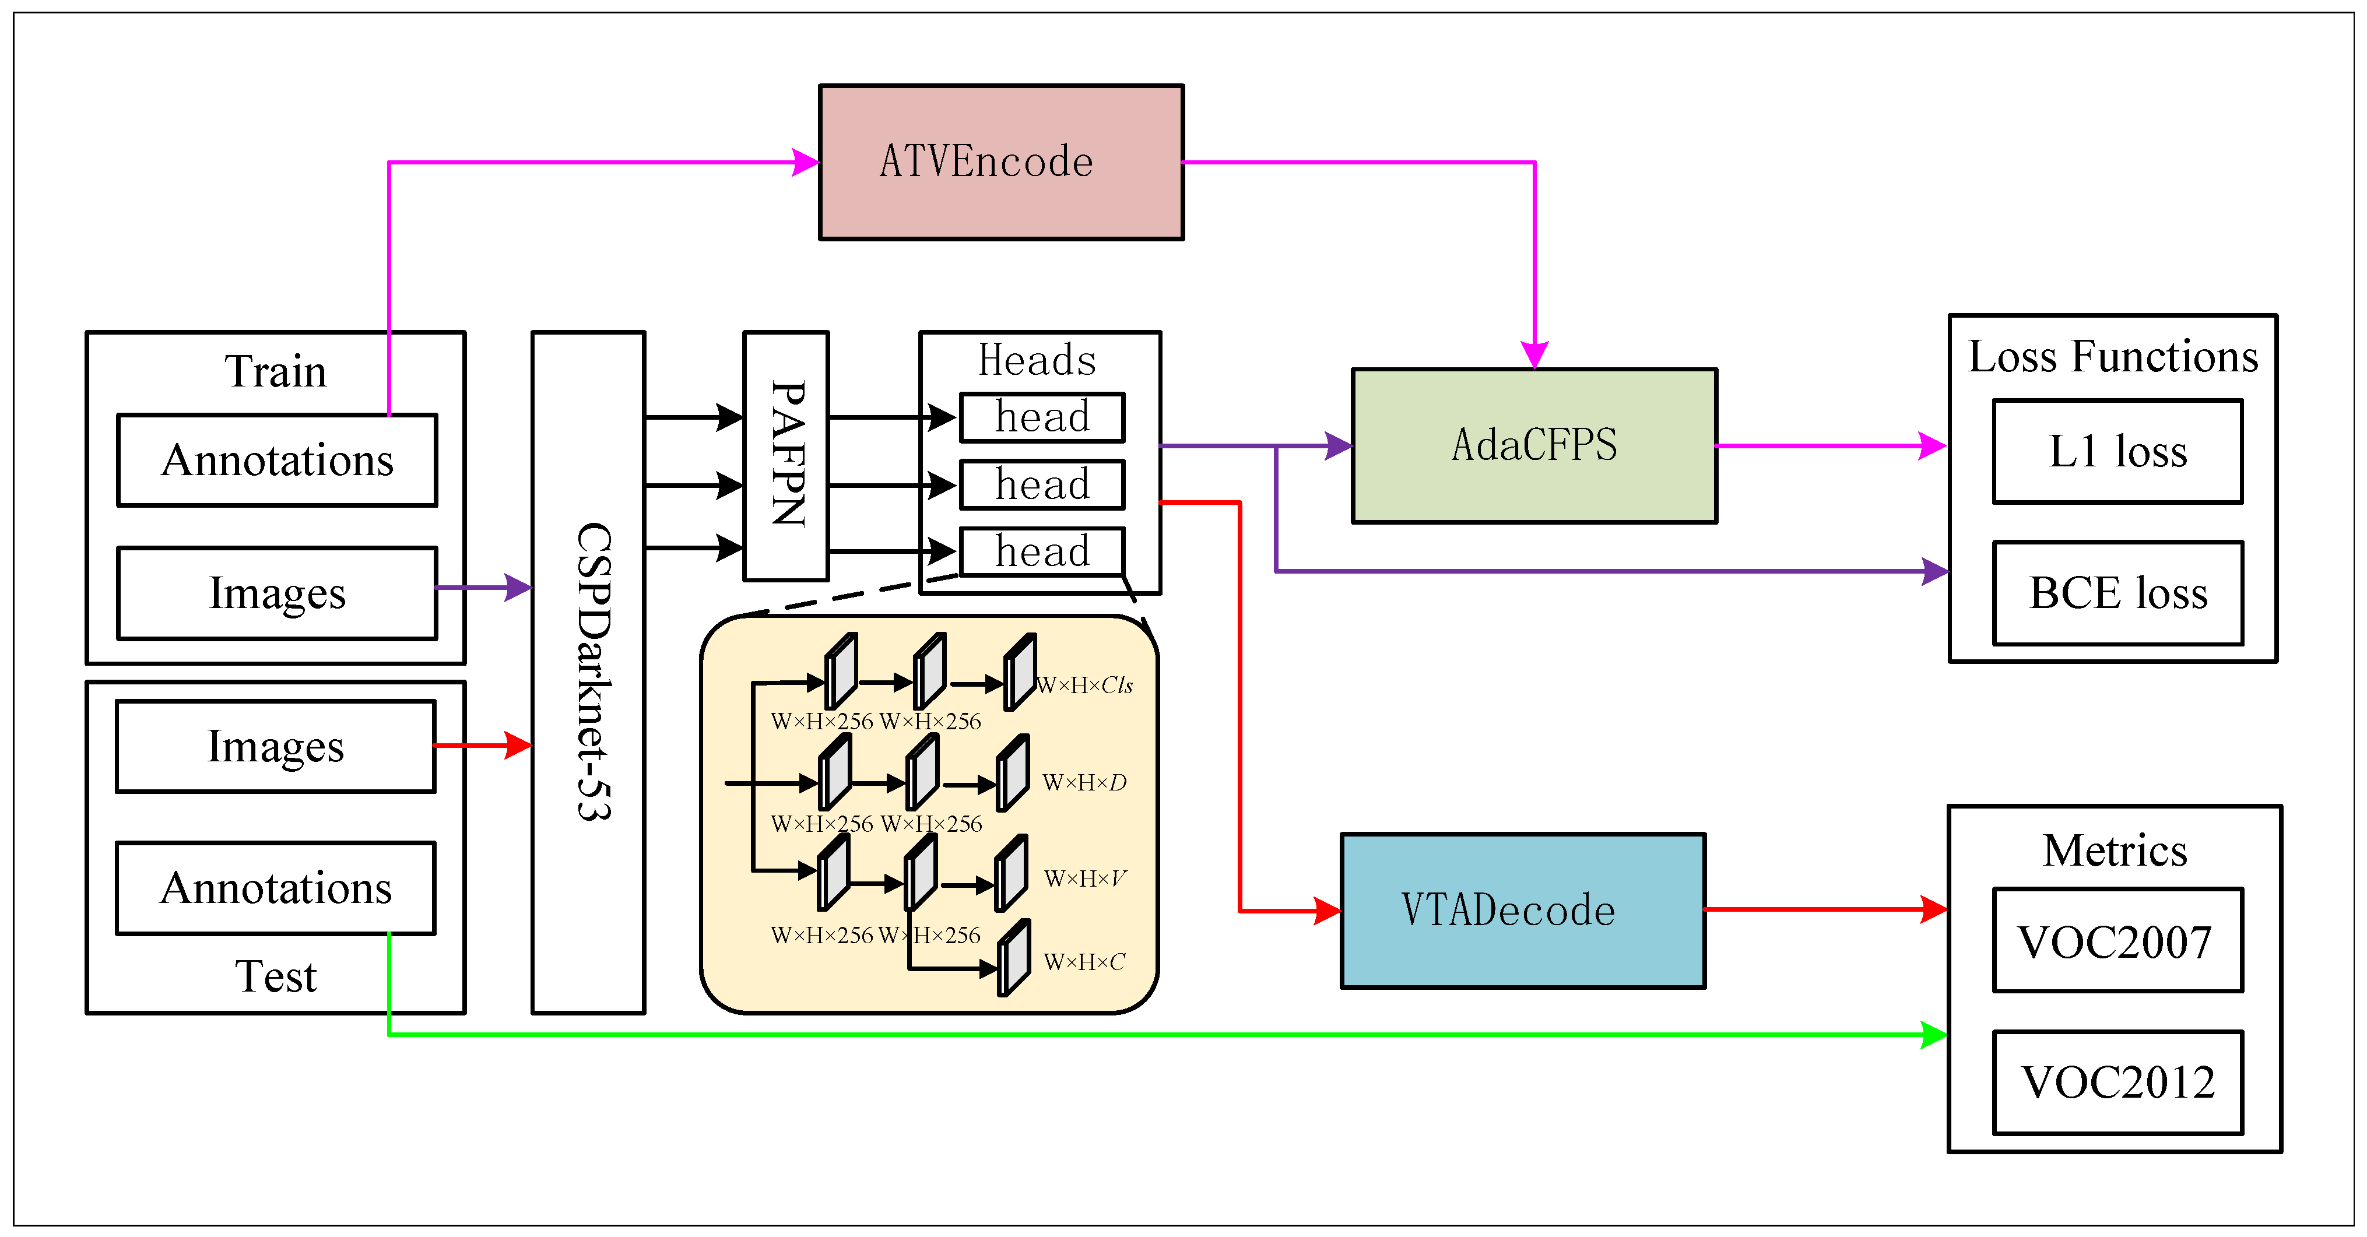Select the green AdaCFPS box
pos(1533,446)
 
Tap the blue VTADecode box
pos(1523,911)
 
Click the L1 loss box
pos(2117,451)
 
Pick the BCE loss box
pos(2117,593)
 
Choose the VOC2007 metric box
pos(2117,940)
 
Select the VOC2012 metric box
pos(2117,1082)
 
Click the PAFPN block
pos(786,456)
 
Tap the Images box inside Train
pos(276,593)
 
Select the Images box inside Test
pos(275,746)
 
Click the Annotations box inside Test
pos(275,888)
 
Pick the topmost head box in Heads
pos(1042,417)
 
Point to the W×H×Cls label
pos(1084,686)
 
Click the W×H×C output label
pos(1084,962)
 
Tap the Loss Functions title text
pos(2112,357)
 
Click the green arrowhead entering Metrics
pos(1934,1035)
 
